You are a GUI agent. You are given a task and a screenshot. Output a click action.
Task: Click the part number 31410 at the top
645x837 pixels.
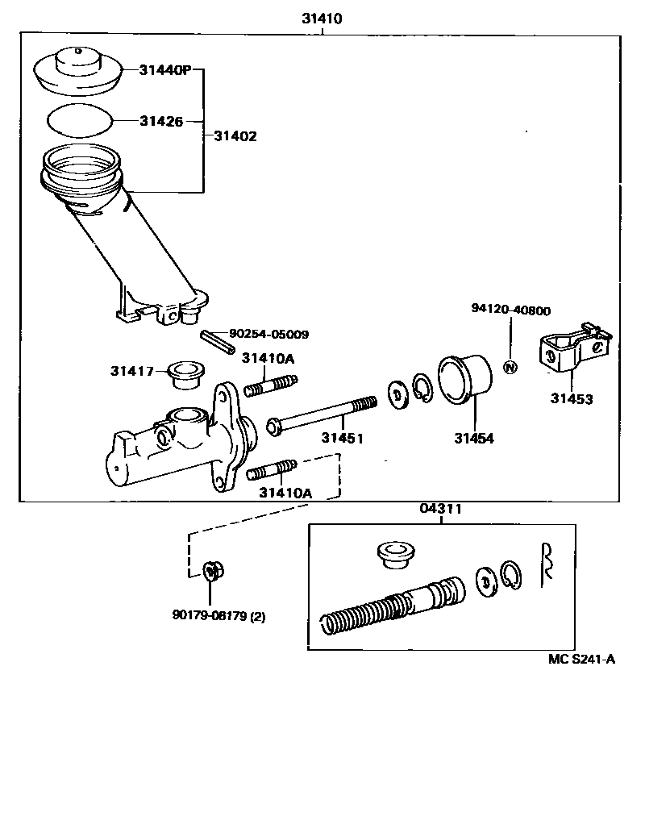pos(322,19)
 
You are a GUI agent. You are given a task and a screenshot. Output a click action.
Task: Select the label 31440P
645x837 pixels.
pos(164,71)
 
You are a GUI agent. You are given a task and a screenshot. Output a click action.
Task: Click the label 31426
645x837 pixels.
pos(160,121)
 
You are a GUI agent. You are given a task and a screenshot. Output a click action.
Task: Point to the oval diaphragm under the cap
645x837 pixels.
pos(79,120)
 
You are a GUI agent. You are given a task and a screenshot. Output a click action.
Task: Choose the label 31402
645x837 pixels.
pos(235,136)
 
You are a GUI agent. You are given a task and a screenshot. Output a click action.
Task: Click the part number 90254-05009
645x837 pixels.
pos(268,334)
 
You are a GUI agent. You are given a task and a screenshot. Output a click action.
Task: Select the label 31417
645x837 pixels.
pos(133,371)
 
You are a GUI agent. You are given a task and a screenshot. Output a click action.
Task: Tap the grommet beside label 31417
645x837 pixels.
pos(184,374)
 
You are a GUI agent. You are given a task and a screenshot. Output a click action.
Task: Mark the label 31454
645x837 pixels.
pos(473,439)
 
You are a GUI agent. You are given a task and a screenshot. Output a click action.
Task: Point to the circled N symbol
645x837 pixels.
pos(509,368)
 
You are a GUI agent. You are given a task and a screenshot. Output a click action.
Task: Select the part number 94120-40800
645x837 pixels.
pos(510,310)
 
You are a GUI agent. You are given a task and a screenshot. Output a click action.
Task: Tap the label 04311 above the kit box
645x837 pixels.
pos(441,510)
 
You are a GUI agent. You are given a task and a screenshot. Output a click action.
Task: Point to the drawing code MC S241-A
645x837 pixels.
pos(582,659)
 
